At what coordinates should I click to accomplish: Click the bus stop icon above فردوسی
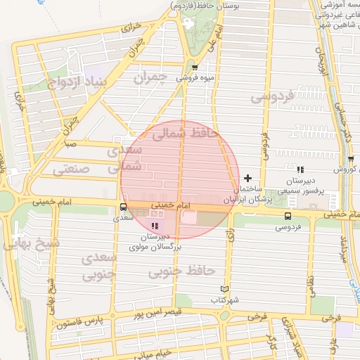point(288,216)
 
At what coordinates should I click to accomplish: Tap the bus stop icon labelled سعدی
point(124,207)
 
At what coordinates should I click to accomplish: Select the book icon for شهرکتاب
point(225,289)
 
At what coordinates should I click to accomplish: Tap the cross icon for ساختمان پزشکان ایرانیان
point(247,178)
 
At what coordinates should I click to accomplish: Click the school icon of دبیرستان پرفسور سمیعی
point(301,169)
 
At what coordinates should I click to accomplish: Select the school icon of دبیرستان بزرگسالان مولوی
point(155,226)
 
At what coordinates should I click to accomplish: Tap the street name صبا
point(70,145)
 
